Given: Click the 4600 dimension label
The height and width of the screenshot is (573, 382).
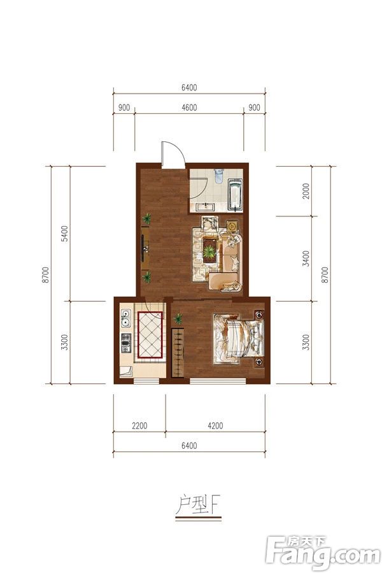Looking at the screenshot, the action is coord(189,108).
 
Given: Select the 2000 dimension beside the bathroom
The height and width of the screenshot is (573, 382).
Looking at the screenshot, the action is coord(306,191).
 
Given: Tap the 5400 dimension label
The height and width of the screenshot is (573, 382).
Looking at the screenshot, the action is coord(64,234).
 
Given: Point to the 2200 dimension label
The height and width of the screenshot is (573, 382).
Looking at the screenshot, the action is coord(139,426).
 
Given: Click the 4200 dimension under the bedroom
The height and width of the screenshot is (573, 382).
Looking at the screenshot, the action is coord(215,426).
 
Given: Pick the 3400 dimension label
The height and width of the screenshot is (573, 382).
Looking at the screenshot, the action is coord(306,258).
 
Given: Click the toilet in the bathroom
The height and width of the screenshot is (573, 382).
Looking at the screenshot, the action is coord(218,175).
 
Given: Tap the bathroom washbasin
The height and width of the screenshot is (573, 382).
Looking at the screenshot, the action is coord(205,207).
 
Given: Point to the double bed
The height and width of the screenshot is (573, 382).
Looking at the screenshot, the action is coord(239,338).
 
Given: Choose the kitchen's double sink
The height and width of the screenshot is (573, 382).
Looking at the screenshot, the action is coord(126,318).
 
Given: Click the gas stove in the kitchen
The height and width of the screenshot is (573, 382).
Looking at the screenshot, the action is coord(126,343).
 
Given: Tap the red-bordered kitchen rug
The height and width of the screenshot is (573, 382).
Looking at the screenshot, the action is coord(150,335).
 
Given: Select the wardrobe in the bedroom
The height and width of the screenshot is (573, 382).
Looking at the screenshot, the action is coord(178,353).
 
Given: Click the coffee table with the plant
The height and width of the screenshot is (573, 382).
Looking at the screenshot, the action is coord(209,250).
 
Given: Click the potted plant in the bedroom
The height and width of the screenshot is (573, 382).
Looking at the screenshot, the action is coord(178,319).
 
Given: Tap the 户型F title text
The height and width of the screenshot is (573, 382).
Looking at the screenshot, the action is coord(198,504).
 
